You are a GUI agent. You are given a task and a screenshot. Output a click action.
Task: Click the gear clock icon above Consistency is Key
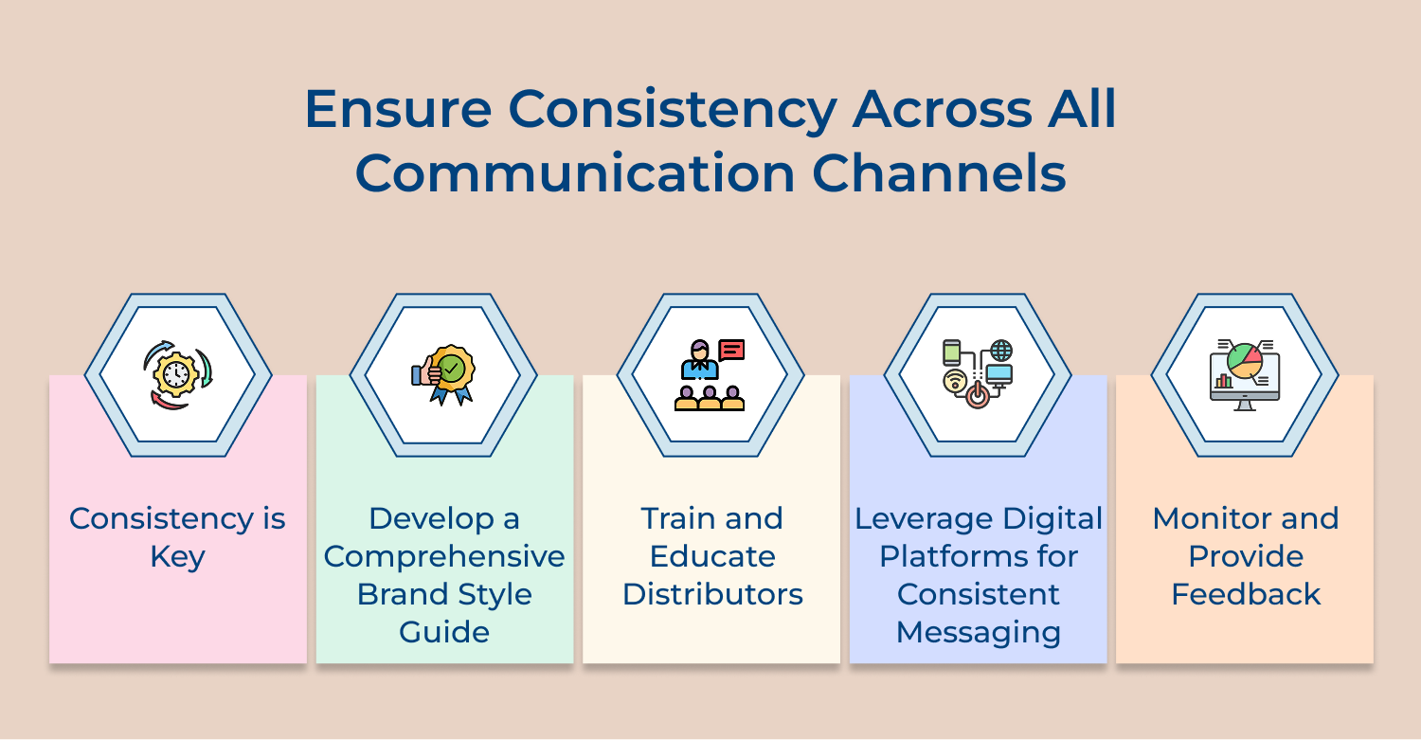(x=176, y=375)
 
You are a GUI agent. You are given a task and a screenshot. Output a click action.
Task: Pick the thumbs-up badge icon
(x=443, y=375)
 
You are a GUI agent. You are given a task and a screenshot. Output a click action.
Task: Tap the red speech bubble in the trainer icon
(x=731, y=350)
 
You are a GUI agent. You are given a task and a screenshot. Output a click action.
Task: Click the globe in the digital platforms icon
(x=1000, y=350)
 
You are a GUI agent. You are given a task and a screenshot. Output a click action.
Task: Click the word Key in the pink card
(x=177, y=556)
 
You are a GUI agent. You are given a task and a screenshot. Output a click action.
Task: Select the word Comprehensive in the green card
(x=444, y=556)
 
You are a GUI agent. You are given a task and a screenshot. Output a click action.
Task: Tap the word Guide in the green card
(x=444, y=632)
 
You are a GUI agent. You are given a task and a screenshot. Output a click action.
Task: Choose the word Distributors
(x=712, y=594)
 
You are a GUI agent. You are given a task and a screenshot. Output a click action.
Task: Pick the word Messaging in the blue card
(x=979, y=632)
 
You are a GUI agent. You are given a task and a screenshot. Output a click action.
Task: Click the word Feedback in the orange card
(x=1246, y=594)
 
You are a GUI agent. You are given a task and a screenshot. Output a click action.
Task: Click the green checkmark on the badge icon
(x=452, y=367)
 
